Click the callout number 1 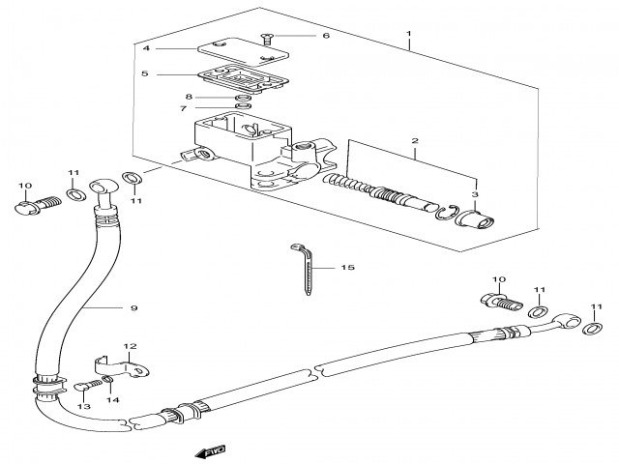(409, 34)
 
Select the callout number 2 (415, 141)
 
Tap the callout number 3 (475, 194)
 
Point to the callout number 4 (145, 48)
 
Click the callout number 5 (145, 73)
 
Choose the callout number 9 (134, 308)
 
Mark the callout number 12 (131, 345)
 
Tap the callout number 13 (83, 408)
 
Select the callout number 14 (112, 400)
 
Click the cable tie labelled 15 (302, 271)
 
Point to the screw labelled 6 (267, 38)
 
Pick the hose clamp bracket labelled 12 (127, 367)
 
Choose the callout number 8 (190, 97)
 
